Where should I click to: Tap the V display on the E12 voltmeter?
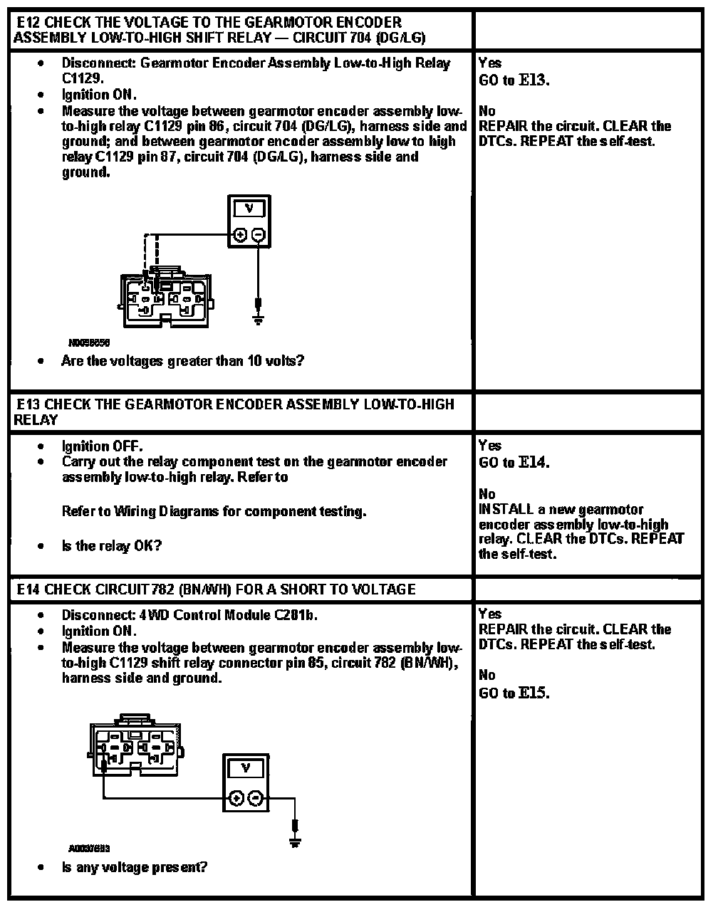click(249, 209)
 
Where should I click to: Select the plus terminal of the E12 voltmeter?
click(240, 235)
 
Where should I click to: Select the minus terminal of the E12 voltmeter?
click(259, 235)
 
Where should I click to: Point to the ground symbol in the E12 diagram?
click(259, 313)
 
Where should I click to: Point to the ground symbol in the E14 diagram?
click(294, 834)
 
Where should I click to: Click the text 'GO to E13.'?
click(514, 80)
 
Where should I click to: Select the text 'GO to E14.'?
click(514, 463)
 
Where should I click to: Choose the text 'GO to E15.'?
click(514, 693)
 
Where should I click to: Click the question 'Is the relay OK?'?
click(112, 546)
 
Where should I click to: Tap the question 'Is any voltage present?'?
click(135, 867)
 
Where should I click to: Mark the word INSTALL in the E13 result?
click(505, 509)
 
